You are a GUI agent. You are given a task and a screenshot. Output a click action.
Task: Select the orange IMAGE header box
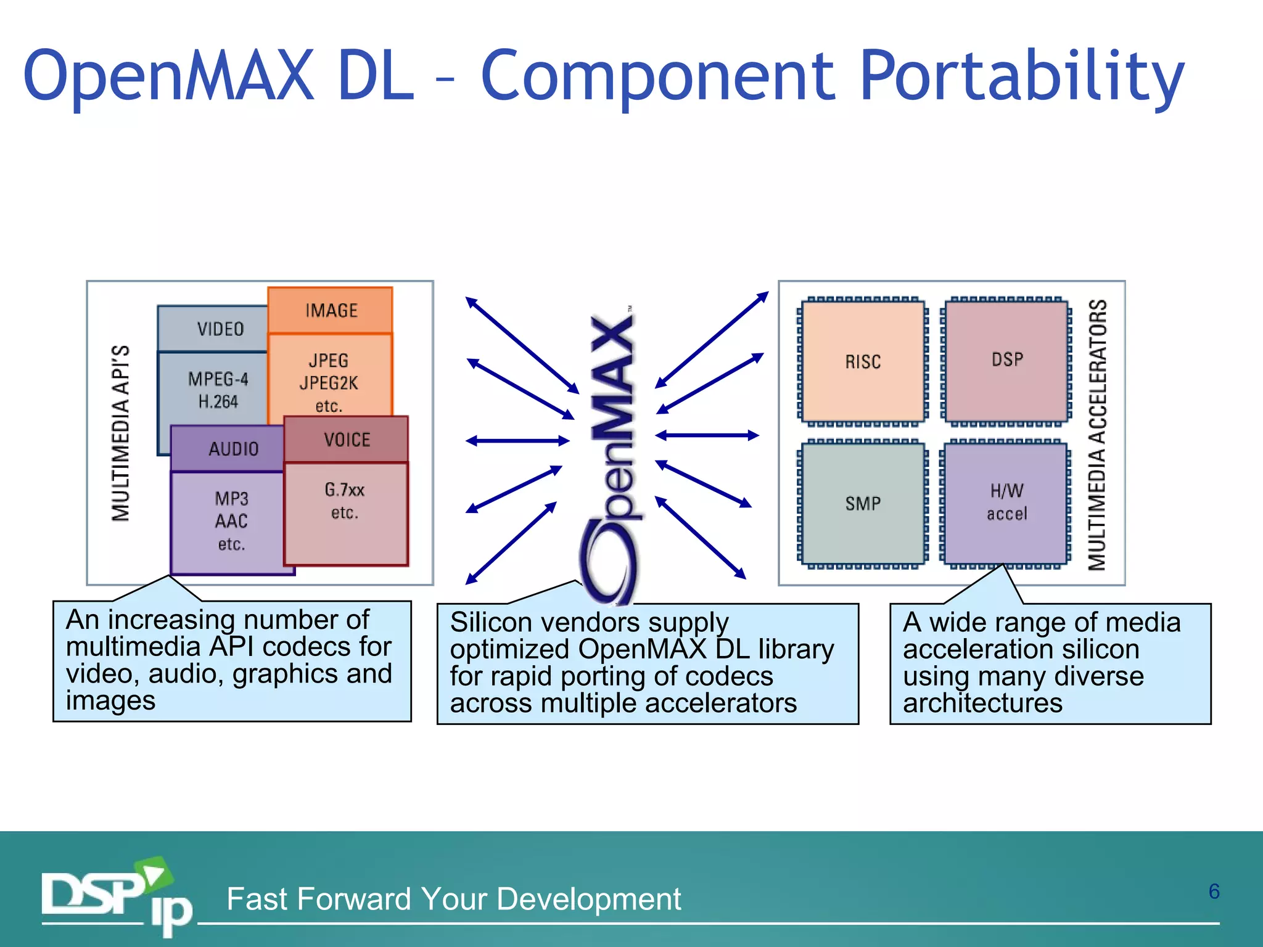click(331, 310)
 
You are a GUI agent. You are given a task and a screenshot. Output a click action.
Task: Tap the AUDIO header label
click(232, 449)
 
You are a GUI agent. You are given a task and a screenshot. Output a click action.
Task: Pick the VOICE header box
click(347, 440)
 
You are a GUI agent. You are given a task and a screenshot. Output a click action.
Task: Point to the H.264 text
click(218, 402)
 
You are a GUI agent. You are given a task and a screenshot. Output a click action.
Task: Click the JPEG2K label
click(329, 383)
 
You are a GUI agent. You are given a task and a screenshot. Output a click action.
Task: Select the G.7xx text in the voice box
click(345, 490)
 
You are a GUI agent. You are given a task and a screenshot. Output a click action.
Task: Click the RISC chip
click(863, 361)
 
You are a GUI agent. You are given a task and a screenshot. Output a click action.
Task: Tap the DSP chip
click(1007, 359)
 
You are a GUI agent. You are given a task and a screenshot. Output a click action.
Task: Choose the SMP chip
click(863, 503)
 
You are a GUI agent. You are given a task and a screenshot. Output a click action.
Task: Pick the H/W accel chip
click(1006, 502)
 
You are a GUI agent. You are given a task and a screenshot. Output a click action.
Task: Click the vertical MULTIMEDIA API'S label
click(121, 433)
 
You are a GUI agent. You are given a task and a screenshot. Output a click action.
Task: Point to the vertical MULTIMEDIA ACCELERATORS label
click(1097, 435)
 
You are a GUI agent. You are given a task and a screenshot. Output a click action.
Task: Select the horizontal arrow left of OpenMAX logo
click(517, 441)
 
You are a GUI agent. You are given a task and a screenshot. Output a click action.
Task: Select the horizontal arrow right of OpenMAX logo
click(707, 435)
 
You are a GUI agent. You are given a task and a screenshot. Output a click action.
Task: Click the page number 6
click(1214, 892)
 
